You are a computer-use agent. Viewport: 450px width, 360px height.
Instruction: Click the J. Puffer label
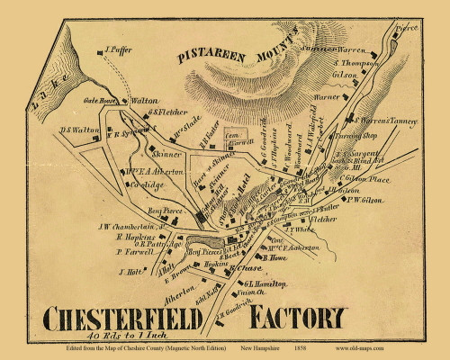click(x=119, y=52)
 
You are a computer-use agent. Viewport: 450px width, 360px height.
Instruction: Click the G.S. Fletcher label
click(x=167, y=112)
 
